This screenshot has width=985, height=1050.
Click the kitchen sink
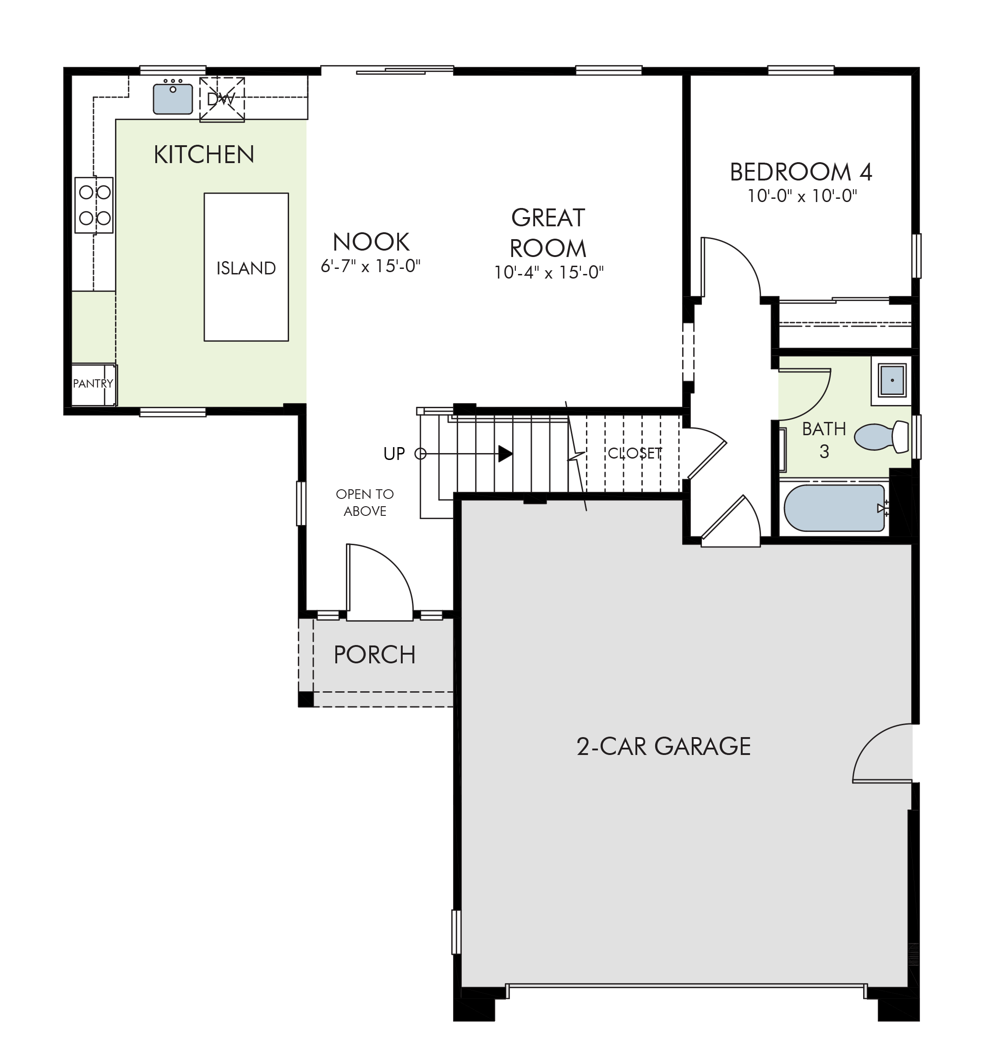173,98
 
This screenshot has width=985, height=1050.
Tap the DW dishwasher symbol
222,99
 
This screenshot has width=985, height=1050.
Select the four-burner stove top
94,205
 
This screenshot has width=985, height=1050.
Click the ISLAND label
246,268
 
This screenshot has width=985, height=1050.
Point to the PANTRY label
93,383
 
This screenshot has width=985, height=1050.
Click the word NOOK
371,242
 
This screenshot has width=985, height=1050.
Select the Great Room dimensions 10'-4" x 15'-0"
549,273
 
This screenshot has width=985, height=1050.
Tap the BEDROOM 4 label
801,172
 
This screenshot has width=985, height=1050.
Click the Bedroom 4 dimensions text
802,197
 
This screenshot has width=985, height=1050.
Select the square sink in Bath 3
892,380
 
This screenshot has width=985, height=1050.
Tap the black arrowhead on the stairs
505,454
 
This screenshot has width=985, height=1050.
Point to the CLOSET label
635,453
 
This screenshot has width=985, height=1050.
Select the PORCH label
374,655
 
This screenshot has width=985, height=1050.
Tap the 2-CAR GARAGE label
663,747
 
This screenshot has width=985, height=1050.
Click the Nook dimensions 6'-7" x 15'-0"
371,266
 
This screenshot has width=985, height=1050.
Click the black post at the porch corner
306,699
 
